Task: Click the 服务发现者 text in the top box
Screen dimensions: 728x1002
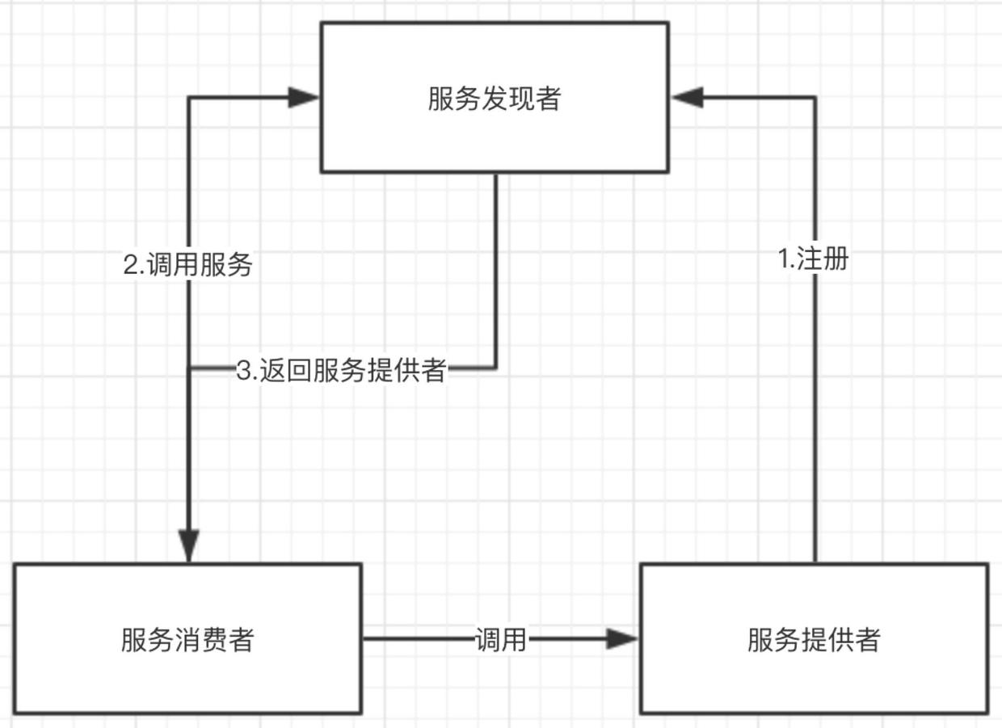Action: [494, 99]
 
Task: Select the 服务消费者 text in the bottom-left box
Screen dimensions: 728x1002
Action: [187, 640]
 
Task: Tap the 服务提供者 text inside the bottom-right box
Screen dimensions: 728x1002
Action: [813, 640]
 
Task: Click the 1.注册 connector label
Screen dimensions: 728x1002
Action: [813, 259]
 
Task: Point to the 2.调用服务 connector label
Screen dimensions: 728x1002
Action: [187, 265]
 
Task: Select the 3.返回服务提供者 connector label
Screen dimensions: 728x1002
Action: [341, 371]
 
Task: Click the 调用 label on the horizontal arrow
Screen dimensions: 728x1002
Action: [500, 640]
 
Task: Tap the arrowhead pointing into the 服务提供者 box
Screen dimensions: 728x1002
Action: [623, 639]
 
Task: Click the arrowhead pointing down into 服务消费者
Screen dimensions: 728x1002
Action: [188, 546]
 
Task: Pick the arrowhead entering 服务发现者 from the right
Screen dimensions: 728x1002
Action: [688, 99]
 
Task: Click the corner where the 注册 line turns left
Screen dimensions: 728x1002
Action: [815, 99]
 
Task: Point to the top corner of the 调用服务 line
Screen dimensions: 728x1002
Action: [189, 99]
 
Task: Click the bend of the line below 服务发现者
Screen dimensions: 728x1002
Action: [495, 368]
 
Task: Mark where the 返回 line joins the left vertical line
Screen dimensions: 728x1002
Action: [189, 368]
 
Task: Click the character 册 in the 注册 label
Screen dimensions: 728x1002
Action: [836, 259]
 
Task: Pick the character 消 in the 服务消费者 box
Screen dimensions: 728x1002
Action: [187, 640]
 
